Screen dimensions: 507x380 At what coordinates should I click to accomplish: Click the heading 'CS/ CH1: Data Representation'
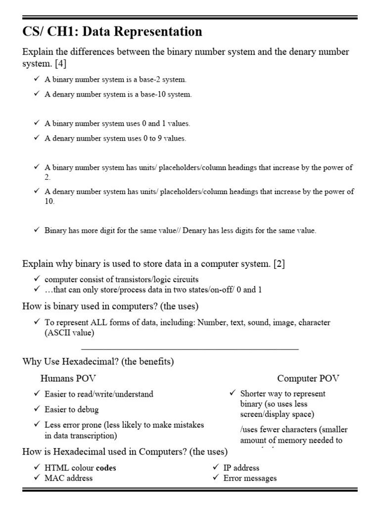[x=112, y=32]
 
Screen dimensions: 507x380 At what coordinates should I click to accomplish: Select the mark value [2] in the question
[x=280, y=264]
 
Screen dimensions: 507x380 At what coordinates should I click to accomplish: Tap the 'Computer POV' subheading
[x=308, y=378]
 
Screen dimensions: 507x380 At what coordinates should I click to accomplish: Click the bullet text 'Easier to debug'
[x=72, y=409]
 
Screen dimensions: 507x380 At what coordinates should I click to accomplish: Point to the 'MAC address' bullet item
[x=68, y=478]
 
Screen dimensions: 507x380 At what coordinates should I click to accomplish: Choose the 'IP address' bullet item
[x=241, y=467]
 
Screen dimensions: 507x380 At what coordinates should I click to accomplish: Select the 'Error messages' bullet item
[x=250, y=478]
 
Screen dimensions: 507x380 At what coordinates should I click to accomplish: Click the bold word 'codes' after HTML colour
[x=106, y=467]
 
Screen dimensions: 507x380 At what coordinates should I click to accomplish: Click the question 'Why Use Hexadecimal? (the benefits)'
[x=98, y=361]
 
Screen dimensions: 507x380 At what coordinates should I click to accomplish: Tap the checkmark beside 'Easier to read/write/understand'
[x=37, y=394]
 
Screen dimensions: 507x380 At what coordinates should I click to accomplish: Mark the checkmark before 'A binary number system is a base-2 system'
[x=37, y=79]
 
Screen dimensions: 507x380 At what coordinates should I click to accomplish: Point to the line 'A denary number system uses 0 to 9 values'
[x=115, y=138]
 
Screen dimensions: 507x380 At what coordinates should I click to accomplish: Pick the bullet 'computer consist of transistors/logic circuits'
[x=121, y=279]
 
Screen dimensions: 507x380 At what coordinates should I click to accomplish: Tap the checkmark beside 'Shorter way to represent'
[x=232, y=393]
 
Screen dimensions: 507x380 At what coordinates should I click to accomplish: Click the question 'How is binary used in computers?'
[x=110, y=306]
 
